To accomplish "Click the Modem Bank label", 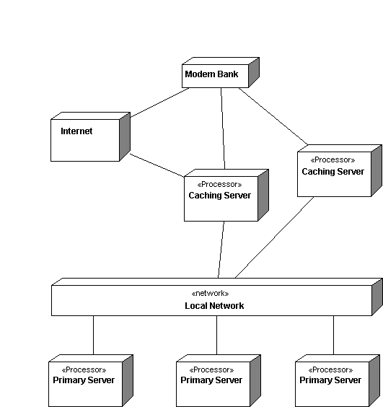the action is tap(211, 74).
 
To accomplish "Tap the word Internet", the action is tap(76, 131).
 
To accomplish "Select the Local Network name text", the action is tap(214, 306).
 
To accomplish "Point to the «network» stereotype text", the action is tap(210, 293).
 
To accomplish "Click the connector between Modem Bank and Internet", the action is tap(159, 102).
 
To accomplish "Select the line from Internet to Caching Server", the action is tap(157, 165).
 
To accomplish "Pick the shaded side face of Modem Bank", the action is tap(254, 72).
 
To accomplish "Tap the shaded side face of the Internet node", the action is tap(125, 136).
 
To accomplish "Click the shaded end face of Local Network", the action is tap(377, 297).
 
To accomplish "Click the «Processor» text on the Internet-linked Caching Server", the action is tap(219, 185).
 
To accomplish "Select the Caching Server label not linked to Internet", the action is tap(333, 172).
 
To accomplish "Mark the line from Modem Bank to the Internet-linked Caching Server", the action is tap(223, 128).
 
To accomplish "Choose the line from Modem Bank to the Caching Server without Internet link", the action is tap(273, 116).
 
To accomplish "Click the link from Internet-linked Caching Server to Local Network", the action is tap(221, 250).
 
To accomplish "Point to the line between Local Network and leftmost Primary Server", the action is tap(94, 335).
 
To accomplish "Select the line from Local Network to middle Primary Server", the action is tap(216, 335).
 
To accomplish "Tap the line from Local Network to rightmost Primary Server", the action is tap(333, 335).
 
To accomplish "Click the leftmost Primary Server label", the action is tap(84, 380).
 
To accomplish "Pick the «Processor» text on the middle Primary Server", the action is tap(211, 369).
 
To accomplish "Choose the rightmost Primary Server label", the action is tap(330, 380).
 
